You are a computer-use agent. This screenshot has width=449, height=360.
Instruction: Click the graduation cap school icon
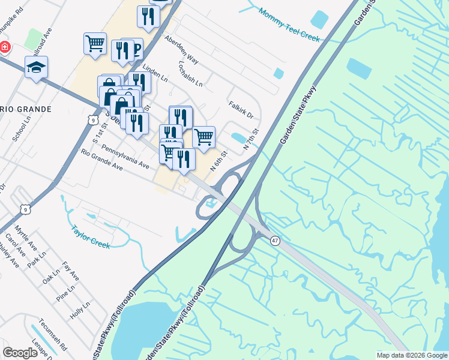pos(36,68)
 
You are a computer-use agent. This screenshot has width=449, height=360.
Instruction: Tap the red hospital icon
pos(4,47)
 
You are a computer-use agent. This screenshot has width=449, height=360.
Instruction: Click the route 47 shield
pos(274,239)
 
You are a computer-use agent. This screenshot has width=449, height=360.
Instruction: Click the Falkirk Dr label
pos(241,109)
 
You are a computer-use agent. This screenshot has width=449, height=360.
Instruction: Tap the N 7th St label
pos(251,139)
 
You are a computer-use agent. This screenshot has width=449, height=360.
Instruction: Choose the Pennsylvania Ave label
pos(125,155)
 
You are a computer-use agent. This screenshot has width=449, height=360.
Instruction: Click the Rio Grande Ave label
pos(101,161)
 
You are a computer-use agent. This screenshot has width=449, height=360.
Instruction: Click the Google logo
pos(20,353)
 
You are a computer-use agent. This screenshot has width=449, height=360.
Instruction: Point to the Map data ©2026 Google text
pos(412,355)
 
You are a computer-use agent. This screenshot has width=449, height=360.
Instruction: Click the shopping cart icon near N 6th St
pos(204,137)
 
